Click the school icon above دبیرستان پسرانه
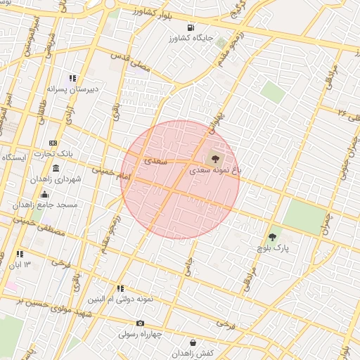point(72,79)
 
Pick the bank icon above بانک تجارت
point(54,143)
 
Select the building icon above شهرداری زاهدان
point(56,169)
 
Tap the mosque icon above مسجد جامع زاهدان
point(45,195)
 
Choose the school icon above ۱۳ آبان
point(20,254)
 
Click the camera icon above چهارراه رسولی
point(140,323)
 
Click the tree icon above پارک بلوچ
point(273,237)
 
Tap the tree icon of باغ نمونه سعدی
point(214,158)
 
